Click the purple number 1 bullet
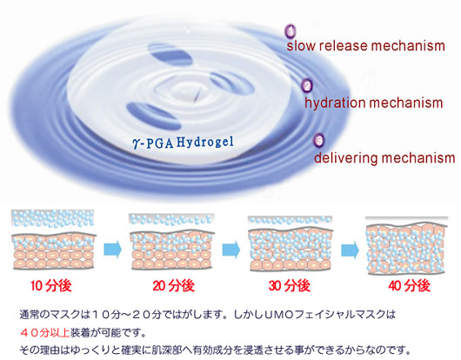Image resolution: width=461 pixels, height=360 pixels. click(291, 31)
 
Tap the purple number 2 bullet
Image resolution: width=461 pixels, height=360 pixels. click(307, 85)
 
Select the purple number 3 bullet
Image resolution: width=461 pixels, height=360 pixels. click(319, 140)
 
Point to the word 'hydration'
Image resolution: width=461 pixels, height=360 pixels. click(334, 103)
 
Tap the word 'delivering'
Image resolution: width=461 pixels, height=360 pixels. click(345, 157)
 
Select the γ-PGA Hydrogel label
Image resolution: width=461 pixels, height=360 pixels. click(184, 143)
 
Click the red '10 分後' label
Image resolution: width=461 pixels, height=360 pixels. click(50, 285)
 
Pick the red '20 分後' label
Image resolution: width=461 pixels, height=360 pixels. click(173, 285)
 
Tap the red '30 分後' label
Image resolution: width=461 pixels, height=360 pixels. click(290, 285)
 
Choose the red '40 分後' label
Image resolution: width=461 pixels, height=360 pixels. click(410, 285)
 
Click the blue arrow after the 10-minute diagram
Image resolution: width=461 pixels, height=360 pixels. click(112, 250)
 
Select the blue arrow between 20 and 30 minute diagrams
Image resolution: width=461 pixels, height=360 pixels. click(231, 250)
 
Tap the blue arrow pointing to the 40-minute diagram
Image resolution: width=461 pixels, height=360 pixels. click(350, 250)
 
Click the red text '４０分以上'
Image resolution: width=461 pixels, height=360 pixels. click(44, 333)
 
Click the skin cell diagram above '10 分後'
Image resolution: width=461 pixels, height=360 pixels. click(54, 239)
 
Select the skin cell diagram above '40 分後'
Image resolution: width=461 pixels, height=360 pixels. click(406, 245)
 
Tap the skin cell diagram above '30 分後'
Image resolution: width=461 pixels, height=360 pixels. click(291, 243)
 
